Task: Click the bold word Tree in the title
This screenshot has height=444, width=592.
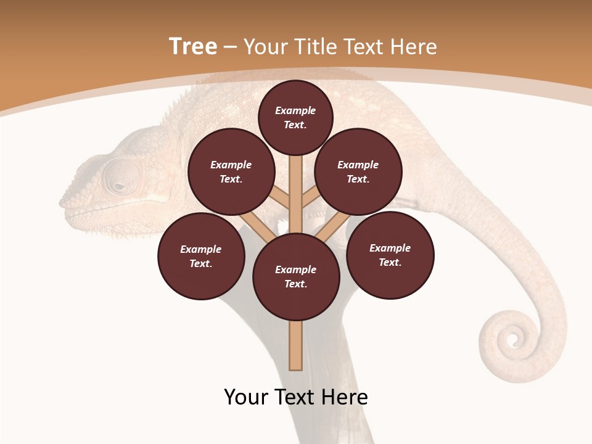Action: pyautogui.click(x=193, y=47)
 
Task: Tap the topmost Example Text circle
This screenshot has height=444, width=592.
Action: pyautogui.click(x=295, y=118)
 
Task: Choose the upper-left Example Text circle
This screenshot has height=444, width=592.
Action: pyautogui.click(x=231, y=172)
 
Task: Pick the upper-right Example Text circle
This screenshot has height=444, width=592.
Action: pyautogui.click(x=358, y=172)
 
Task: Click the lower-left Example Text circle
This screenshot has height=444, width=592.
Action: pyautogui.click(x=201, y=257)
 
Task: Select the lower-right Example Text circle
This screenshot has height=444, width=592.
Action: pyautogui.click(x=390, y=255)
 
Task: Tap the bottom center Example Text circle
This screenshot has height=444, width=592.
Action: pyautogui.click(x=296, y=277)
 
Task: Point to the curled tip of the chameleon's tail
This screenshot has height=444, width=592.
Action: pyautogui.click(x=511, y=338)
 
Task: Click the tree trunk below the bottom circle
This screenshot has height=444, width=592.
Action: pyautogui.click(x=296, y=345)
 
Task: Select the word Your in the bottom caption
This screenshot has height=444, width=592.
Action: pyautogui.click(x=245, y=397)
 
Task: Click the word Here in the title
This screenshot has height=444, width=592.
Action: pyautogui.click(x=414, y=47)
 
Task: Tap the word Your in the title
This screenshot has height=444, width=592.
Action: pyautogui.click(x=265, y=47)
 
